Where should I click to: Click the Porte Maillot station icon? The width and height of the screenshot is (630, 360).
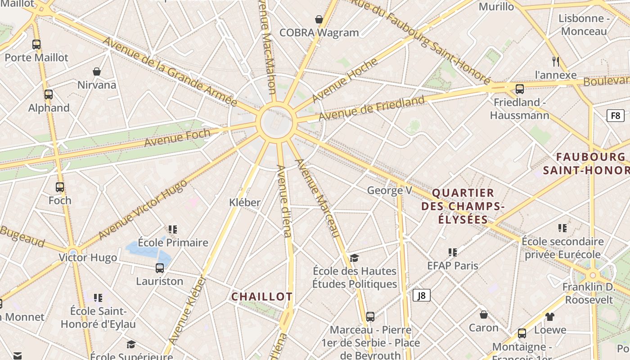tap(36, 45)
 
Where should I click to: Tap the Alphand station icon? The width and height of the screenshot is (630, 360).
tap(49, 94)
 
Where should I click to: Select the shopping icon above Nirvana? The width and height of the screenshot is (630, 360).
tap(96, 72)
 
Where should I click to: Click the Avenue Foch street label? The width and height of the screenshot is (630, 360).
tap(177, 137)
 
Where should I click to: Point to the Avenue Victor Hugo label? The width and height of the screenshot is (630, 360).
tap(142, 209)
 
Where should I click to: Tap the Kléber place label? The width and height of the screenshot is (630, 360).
tap(245, 202)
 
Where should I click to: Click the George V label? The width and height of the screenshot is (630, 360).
tap(389, 190)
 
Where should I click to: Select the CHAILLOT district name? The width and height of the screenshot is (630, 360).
tap(262, 297)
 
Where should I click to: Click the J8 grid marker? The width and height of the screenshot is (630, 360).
tap(422, 295)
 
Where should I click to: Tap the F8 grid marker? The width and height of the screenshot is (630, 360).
tap(615, 116)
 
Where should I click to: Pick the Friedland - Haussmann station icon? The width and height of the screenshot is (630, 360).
tap(520, 89)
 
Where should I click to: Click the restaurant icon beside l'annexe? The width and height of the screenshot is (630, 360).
tap(555, 61)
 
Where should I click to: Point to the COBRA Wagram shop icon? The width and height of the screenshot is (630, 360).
tap(319, 19)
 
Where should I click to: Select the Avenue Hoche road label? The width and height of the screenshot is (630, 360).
tap(345, 80)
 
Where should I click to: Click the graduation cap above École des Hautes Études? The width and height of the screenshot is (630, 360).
tap(355, 258)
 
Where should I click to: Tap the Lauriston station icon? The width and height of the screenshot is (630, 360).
tap(160, 268)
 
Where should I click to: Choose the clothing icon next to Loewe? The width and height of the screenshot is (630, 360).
tap(550, 317)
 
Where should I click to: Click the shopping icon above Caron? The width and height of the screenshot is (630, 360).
tap(483, 314)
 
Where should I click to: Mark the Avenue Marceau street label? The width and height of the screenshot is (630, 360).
tap(317, 198)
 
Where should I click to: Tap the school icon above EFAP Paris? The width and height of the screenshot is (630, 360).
tap(453, 252)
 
